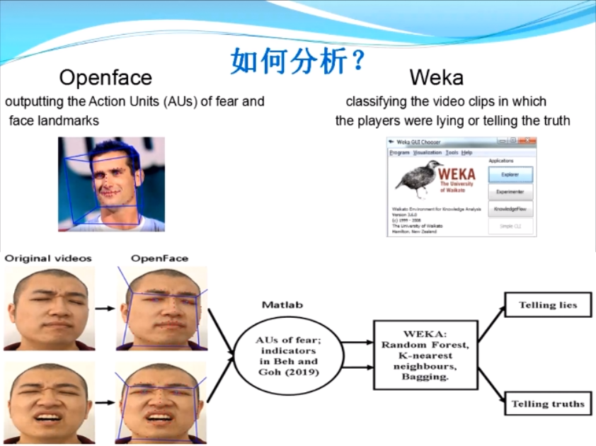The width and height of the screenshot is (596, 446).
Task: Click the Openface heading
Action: pos(105,76)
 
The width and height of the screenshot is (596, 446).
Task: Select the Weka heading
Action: pos(436,76)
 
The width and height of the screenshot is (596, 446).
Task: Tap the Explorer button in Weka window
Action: pos(510,174)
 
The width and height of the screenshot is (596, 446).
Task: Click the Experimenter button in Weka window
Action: pos(510,192)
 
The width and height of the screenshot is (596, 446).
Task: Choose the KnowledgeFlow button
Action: pos(510,210)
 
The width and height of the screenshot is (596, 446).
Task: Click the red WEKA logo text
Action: pos(457,173)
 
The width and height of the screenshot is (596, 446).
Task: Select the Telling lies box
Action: pos(547,305)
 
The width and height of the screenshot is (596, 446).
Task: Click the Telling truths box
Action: pos(547,404)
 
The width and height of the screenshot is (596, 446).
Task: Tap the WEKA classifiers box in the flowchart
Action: pos(425,354)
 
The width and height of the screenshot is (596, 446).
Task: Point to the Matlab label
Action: pos(282,304)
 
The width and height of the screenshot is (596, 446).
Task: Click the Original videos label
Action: pos(48,258)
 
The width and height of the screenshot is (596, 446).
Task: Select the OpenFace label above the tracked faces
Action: pos(159,258)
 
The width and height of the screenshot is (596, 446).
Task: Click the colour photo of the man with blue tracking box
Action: pos(111,184)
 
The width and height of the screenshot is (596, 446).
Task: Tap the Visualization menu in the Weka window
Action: pos(428,152)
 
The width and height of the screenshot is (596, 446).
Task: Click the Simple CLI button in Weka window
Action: pos(510,227)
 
